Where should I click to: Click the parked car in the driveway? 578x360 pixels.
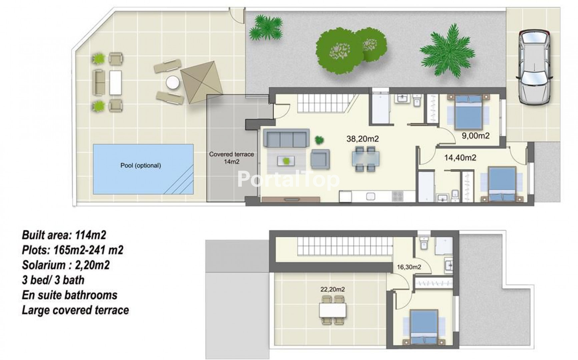535,67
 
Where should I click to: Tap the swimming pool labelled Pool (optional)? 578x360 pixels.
143,169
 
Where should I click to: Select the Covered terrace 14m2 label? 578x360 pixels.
231,158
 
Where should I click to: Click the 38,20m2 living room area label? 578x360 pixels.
363,139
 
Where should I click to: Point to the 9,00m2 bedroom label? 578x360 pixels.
476,136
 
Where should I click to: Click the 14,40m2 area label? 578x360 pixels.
460,158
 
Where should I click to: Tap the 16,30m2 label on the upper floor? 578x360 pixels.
409,267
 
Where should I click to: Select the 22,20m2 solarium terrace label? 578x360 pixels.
333,289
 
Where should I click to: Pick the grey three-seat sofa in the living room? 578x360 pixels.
286,138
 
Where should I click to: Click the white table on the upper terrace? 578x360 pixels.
333,310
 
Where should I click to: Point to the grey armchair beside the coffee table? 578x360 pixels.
320,158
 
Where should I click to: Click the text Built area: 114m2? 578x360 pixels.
64,235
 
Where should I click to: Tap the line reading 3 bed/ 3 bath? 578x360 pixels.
53,280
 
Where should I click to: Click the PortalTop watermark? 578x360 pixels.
288,180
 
